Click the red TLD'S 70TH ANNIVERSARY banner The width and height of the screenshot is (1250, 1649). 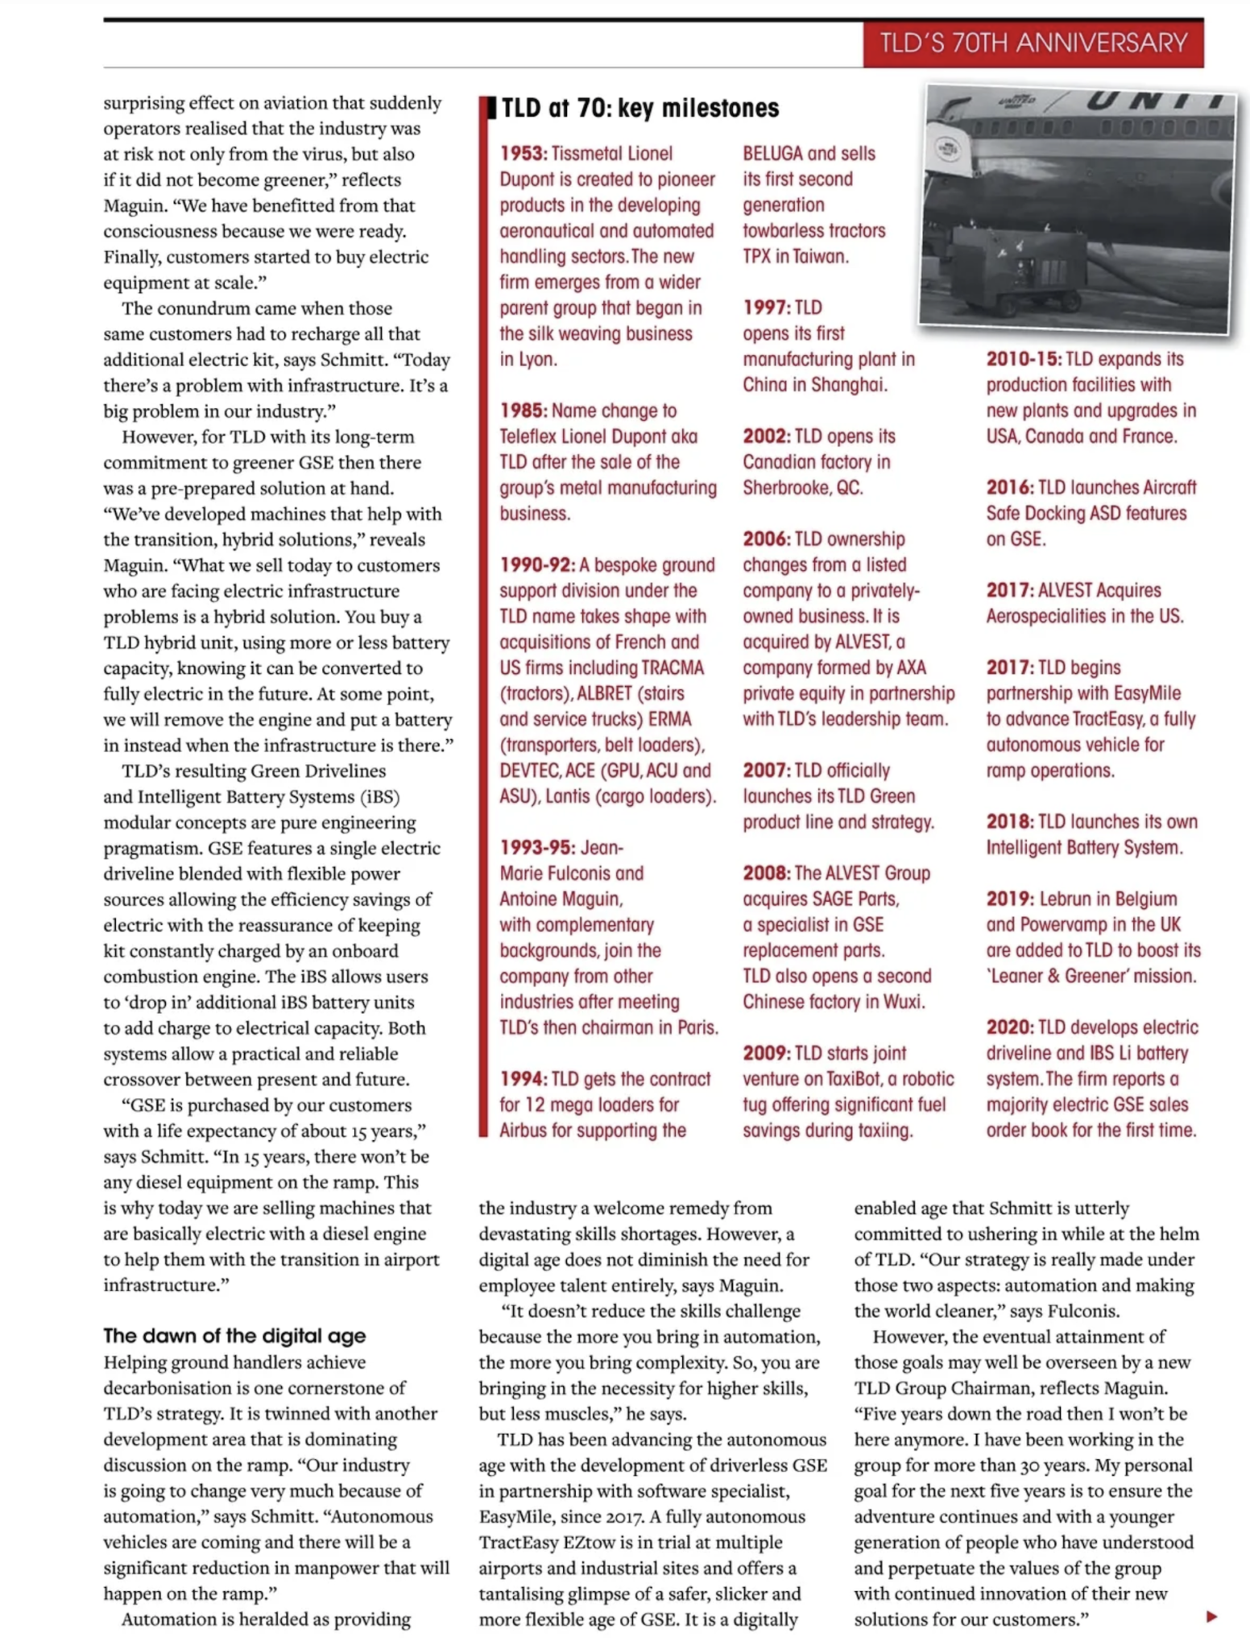[1033, 43]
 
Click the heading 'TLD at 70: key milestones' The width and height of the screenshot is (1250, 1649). [640, 108]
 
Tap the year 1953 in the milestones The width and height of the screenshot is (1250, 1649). [523, 153]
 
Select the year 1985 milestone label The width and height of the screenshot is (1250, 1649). [523, 411]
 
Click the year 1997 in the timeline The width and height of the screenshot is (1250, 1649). [766, 308]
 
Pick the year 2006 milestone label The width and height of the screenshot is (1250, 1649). [766, 539]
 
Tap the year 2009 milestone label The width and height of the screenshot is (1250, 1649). [766, 1053]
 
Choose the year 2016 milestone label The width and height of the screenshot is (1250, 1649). [1009, 487]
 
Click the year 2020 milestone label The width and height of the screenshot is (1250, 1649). [1009, 1027]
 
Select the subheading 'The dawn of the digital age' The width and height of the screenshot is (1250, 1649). [234, 1336]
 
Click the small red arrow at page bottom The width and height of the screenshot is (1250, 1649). [1211, 1616]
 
